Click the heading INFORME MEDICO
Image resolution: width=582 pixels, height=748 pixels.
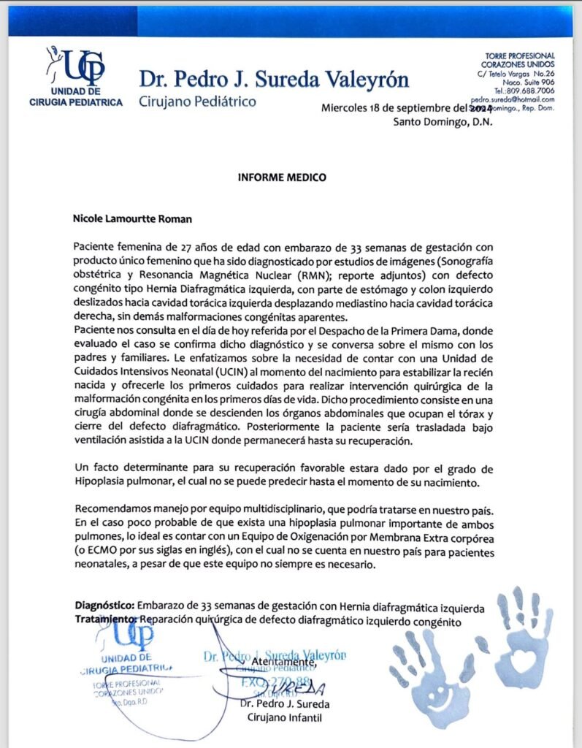click(x=281, y=177)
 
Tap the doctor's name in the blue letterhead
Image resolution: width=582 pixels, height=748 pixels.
click(x=274, y=79)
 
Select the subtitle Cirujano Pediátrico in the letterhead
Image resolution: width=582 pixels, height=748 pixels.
click(x=197, y=101)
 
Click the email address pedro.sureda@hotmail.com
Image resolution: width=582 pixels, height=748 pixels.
click(x=513, y=99)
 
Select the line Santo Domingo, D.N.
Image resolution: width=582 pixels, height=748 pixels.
click(x=443, y=121)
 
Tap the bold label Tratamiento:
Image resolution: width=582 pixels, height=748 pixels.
click(x=107, y=619)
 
